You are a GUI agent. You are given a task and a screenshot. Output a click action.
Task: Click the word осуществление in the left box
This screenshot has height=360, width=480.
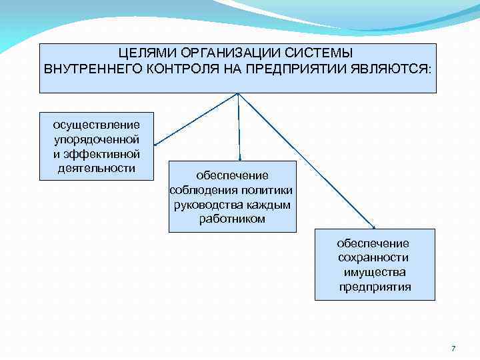point(97,125)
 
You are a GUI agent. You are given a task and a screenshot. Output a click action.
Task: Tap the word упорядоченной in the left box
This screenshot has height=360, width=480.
point(97,139)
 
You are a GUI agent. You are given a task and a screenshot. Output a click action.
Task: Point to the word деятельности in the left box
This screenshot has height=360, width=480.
point(97,168)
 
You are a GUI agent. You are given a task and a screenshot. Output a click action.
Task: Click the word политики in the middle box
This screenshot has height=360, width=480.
point(264,190)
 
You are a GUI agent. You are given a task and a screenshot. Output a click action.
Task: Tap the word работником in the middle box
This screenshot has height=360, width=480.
point(232,219)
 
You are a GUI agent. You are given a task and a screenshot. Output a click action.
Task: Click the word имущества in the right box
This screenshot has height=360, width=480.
point(375,272)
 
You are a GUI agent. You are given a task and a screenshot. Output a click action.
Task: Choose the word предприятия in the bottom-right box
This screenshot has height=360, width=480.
point(375,287)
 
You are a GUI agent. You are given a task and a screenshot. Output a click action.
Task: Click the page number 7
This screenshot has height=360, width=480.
point(453,349)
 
